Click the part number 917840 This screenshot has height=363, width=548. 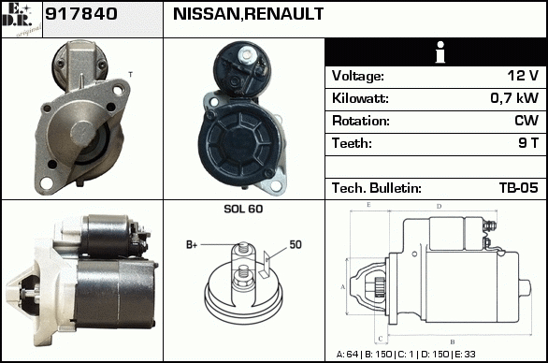81,14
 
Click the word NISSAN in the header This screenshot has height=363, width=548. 206,14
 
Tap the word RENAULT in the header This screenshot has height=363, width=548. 283,14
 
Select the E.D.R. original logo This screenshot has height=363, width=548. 22,20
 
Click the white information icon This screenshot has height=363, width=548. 440,52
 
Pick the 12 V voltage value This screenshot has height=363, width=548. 523,76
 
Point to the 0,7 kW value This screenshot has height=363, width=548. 514,98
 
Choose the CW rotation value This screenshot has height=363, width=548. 526,121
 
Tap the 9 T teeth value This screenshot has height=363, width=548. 528,143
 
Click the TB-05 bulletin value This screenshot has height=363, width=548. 519,188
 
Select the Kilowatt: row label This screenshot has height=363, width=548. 360,98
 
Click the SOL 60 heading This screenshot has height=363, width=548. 243,209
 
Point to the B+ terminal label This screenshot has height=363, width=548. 192,245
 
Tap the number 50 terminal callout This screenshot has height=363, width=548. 296,244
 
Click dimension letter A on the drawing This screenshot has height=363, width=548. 342,287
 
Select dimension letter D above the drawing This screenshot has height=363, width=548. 439,207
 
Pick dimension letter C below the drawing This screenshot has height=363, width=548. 381,339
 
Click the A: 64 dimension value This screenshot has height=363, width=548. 347,355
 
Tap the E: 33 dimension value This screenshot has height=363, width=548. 465,355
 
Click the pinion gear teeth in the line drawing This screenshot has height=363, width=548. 380,287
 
